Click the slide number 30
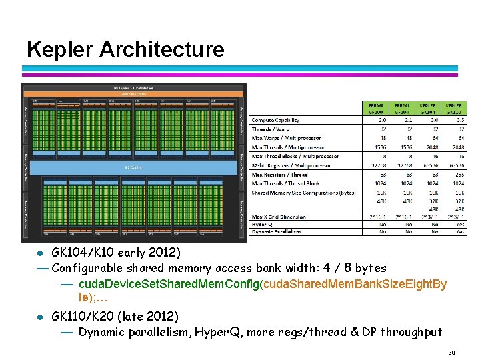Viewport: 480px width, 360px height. [x=451, y=352]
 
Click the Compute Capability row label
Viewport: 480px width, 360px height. [x=275, y=120]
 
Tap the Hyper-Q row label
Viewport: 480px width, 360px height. [x=263, y=225]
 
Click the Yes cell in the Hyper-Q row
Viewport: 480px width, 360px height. [x=458, y=225]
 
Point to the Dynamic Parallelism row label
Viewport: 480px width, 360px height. [x=276, y=232]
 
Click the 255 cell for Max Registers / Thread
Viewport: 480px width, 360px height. [x=458, y=175]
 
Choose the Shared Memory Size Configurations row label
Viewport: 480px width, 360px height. [x=295, y=193]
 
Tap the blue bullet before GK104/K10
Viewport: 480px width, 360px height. [x=40, y=253]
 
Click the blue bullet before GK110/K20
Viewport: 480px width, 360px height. [x=40, y=316]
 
